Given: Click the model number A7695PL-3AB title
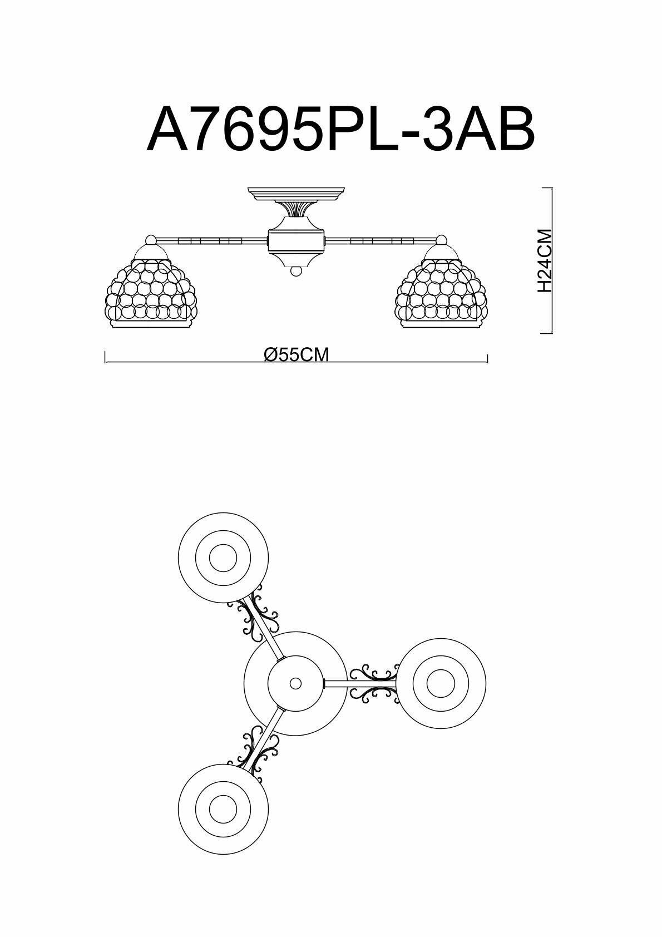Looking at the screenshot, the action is (340, 130).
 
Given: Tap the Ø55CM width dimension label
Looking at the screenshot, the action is (297, 354).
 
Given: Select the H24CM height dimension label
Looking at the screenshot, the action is (545, 260).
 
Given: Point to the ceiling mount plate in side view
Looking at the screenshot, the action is (296, 194).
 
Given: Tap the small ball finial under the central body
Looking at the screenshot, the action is (296, 272).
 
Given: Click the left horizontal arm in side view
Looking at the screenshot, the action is (211, 241).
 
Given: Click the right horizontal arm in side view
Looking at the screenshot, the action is (381, 241).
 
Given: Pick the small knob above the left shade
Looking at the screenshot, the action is (150, 240).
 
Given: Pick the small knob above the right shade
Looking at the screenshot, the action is (441, 240).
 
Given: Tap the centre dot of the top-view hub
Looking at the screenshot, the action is (295, 683).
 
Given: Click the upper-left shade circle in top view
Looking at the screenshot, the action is (223, 558).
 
